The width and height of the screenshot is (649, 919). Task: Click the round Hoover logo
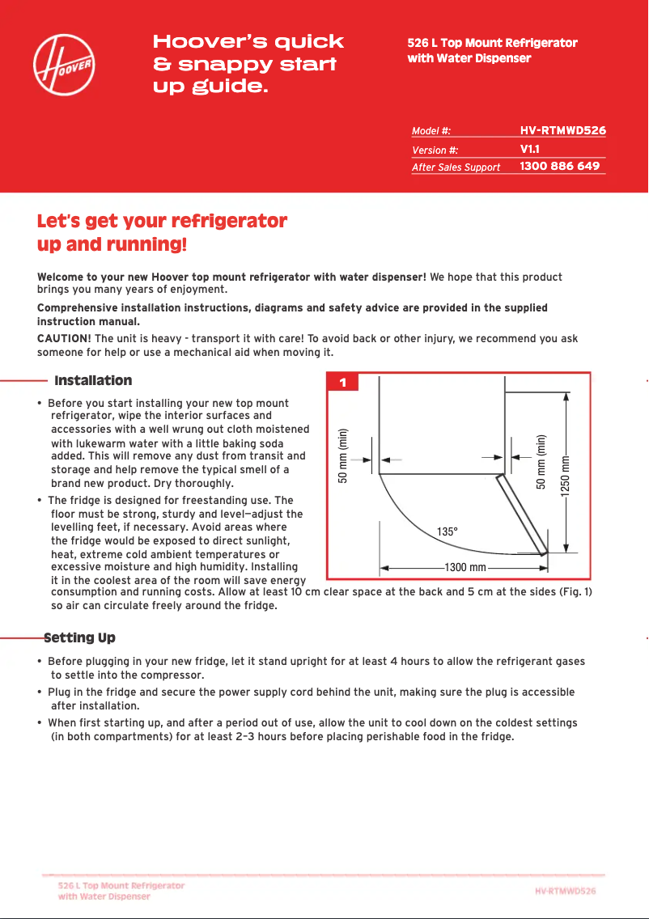pyautogui.click(x=64, y=64)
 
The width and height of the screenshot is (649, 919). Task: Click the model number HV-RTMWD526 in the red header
pyautogui.click(x=562, y=130)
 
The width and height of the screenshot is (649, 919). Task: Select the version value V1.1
pyautogui.click(x=530, y=150)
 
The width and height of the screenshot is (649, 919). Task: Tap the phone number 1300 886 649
pyautogui.click(x=559, y=166)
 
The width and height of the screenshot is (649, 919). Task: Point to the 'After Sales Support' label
pyautogui.click(x=456, y=167)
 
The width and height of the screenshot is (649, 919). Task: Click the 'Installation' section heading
pyautogui.click(x=93, y=380)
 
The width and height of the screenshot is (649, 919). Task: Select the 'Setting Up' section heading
pyautogui.click(x=79, y=638)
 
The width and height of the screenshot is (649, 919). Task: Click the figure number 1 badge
pyautogui.click(x=342, y=383)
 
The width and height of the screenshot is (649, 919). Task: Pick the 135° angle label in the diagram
pyautogui.click(x=448, y=531)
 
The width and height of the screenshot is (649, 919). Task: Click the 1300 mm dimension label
pyautogui.click(x=465, y=567)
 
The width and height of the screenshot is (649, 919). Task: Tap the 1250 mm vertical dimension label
pyautogui.click(x=566, y=479)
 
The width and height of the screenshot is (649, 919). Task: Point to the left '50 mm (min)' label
pyautogui.click(x=342, y=455)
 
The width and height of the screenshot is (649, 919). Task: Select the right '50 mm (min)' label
pyautogui.click(x=541, y=462)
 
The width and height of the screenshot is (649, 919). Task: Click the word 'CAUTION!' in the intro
pyautogui.click(x=65, y=338)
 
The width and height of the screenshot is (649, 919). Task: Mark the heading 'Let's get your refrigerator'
pyautogui.click(x=162, y=222)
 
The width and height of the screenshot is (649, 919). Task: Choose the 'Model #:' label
pyautogui.click(x=431, y=131)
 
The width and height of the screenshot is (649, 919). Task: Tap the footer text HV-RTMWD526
pyautogui.click(x=565, y=891)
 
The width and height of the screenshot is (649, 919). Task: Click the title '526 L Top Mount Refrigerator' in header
pyautogui.click(x=492, y=43)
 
